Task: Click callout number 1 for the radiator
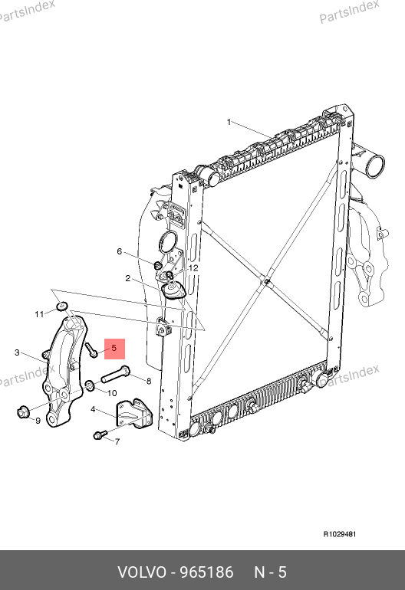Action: pos(229,122)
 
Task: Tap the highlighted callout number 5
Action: pos(114,349)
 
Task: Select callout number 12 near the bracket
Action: pos(193,268)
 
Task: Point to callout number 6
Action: pos(120,251)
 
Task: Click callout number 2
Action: pos(128,278)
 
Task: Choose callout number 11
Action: pos(39,314)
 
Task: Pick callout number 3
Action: pos(17,352)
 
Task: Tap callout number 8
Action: pos(149,381)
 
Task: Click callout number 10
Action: pos(112,393)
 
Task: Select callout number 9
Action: pos(38,421)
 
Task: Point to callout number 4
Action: pos(93,409)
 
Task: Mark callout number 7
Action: pos(117,441)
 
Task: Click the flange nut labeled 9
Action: pos(22,412)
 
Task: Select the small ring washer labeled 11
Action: pos(62,306)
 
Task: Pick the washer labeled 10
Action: pos(90,385)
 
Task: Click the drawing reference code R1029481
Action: pos(340,534)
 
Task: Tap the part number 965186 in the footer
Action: pos(206,572)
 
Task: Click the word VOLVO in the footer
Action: pos(141,572)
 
